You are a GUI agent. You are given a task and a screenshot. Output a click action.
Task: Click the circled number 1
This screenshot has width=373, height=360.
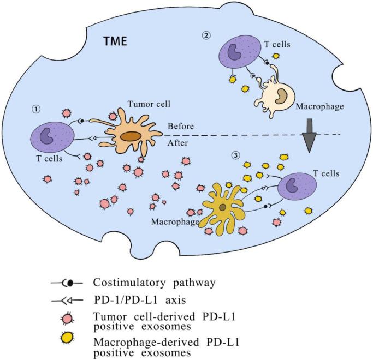36,109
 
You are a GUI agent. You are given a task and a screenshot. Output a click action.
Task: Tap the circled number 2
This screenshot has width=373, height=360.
205,36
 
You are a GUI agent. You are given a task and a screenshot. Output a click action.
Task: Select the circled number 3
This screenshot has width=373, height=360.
236,155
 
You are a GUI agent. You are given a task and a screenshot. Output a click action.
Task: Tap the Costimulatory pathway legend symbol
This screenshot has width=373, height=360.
66,282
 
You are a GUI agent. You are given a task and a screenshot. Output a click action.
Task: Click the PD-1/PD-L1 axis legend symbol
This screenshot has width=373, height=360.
66,299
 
